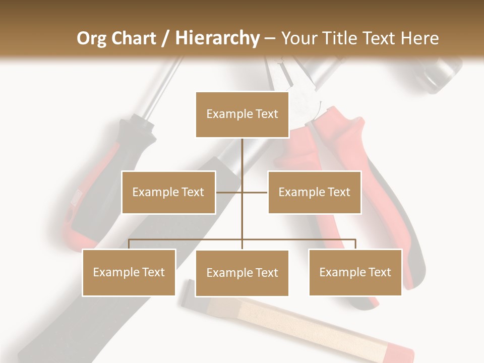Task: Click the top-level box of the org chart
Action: [242, 114]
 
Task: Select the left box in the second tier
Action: [168, 192]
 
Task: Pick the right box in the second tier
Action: [314, 192]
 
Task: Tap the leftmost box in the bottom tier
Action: [129, 272]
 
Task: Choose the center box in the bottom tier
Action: [242, 273]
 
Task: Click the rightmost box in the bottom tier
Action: [355, 272]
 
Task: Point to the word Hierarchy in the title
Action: [217, 38]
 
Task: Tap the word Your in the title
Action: [299, 38]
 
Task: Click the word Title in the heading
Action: [339, 38]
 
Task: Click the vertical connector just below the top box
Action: [242, 151]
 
